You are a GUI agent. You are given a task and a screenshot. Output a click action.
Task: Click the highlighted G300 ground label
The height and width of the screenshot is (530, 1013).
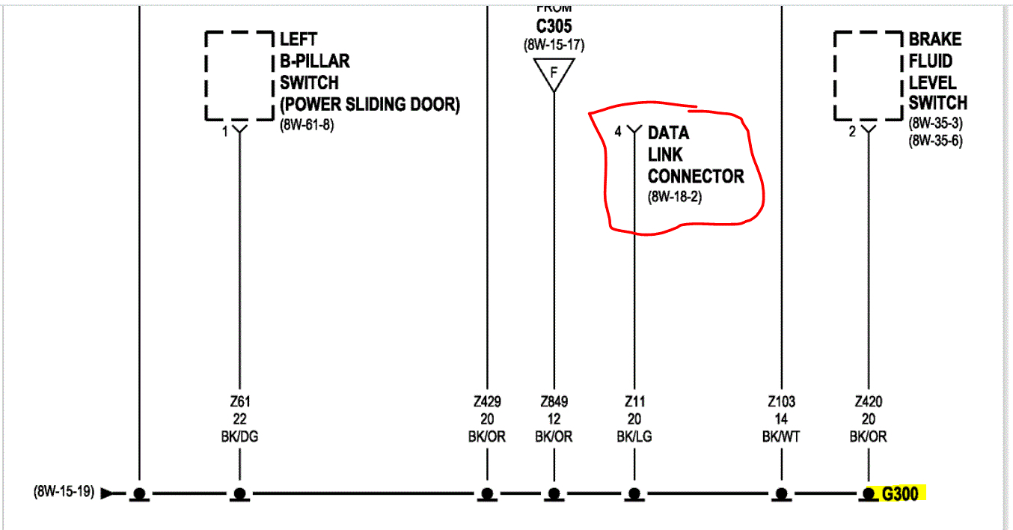pyautogui.click(x=900, y=494)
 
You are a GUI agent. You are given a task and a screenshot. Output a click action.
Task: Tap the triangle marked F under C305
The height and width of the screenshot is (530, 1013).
pyautogui.click(x=554, y=73)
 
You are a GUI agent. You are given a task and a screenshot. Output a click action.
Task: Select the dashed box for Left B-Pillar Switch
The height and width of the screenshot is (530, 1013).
pyautogui.click(x=239, y=76)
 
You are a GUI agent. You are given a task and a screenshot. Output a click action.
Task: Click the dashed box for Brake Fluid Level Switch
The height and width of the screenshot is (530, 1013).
pyautogui.click(x=869, y=76)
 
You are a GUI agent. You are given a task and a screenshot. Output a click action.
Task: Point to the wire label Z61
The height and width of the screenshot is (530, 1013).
pyautogui.click(x=239, y=402)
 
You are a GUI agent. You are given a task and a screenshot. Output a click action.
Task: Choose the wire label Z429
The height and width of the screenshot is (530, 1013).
pyautogui.click(x=487, y=402)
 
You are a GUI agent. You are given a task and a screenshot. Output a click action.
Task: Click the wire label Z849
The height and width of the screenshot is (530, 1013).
pyautogui.click(x=554, y=402)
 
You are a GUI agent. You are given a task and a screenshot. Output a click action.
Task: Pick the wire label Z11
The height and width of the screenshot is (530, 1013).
pyautogui.click(x=634, y=402)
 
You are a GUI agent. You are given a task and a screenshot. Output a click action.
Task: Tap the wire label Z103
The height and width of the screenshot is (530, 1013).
pyautogui.click(x=781, y=402)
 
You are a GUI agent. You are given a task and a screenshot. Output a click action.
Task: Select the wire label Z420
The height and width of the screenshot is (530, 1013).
pyautogui.click(x=868, y=402)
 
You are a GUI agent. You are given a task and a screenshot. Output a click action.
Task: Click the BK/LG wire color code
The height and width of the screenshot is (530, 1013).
pyautogui.click(x=634, y=436)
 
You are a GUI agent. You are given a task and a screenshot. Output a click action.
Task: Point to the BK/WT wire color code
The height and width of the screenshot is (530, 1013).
pyautogui.click(x=781, y=436)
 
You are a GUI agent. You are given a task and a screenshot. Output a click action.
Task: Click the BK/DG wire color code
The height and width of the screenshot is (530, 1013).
pyautogui.click(x=239, y=436)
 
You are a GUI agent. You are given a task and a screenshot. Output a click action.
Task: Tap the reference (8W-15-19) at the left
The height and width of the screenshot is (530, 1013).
pyautogui.click(x=64, y=493)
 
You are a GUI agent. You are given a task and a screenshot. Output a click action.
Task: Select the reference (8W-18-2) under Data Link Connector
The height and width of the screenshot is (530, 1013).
pyautogui.click(x=675, y=198)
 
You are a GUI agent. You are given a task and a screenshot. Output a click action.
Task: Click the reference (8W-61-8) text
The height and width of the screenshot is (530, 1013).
pyautogui.click(x=307, y=125)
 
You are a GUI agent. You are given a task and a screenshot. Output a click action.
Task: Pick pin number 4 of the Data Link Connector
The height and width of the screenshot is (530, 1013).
pyautogui.click(x=618, y=132)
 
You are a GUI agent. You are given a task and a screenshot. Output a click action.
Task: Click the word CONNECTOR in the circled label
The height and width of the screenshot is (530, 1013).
pyautogui.click(x=696, y=177)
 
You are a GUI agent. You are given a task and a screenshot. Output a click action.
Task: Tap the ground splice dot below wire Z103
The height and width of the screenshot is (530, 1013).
pyautogui.click(x=781, y=493)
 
